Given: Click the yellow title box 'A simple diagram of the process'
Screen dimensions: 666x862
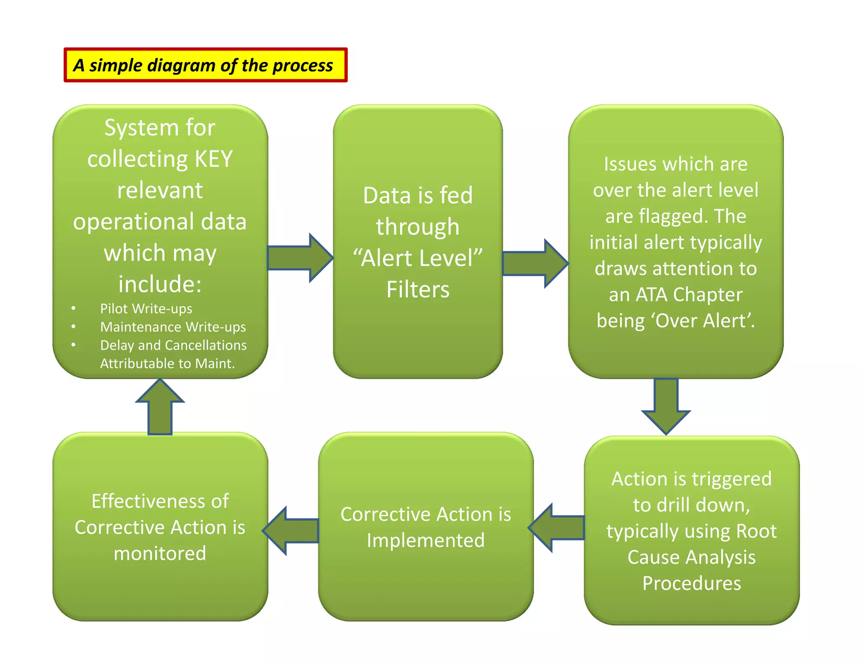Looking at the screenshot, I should pos(205,65).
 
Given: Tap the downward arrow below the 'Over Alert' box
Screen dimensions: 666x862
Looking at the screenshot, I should pos(666,405).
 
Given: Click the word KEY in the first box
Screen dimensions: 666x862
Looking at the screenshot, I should pos(213,159).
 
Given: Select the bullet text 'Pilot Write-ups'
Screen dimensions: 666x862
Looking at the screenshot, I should pos(146,309).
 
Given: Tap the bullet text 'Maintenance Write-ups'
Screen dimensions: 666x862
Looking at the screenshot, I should pos(173,327).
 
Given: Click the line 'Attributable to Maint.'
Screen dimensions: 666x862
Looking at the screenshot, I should pos(167,363).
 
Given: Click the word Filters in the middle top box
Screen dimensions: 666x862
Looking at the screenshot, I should pos(418,290).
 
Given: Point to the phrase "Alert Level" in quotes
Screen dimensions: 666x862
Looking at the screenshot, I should pos(418,258).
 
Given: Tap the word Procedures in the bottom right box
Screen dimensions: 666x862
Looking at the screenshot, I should pos(692,583).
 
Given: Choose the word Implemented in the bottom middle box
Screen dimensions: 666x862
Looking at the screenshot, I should pos(426,541).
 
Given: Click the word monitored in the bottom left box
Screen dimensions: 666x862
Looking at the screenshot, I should pos(160,554).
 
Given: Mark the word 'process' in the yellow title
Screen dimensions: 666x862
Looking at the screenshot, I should pos(302,66).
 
